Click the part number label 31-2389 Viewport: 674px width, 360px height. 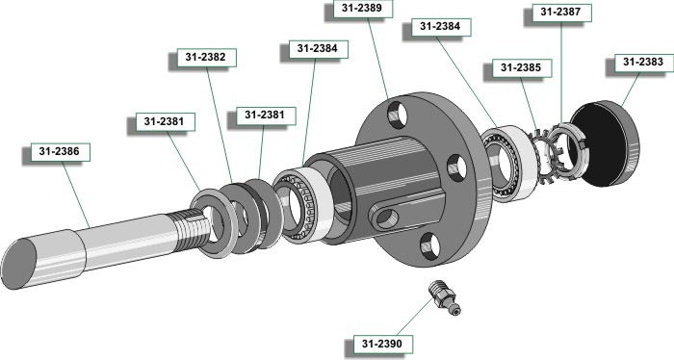click(x=363, y=9)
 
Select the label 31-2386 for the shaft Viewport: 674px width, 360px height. click(x=60, y=152)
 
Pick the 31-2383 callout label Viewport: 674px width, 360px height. click(x=643, y=63)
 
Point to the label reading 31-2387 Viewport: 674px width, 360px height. click(x=561, y=13)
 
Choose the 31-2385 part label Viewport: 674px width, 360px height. click(x=522, y=68)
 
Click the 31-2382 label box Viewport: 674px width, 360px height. click(x=206, y=58)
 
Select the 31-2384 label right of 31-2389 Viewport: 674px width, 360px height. click(x=441, y=27)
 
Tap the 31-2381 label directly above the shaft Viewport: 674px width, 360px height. click(x=165, y=122)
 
